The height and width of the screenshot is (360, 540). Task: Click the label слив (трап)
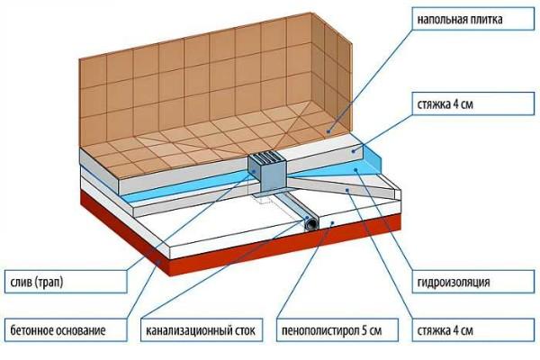click(x=38, y=283)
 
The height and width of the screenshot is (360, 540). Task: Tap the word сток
click(x=248, y=332)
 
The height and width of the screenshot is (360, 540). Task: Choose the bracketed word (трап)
click(x=51, y=283)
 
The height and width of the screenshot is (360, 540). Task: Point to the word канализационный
click(x=189, y=332)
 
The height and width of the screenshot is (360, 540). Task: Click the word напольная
click(x=436, y=18)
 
